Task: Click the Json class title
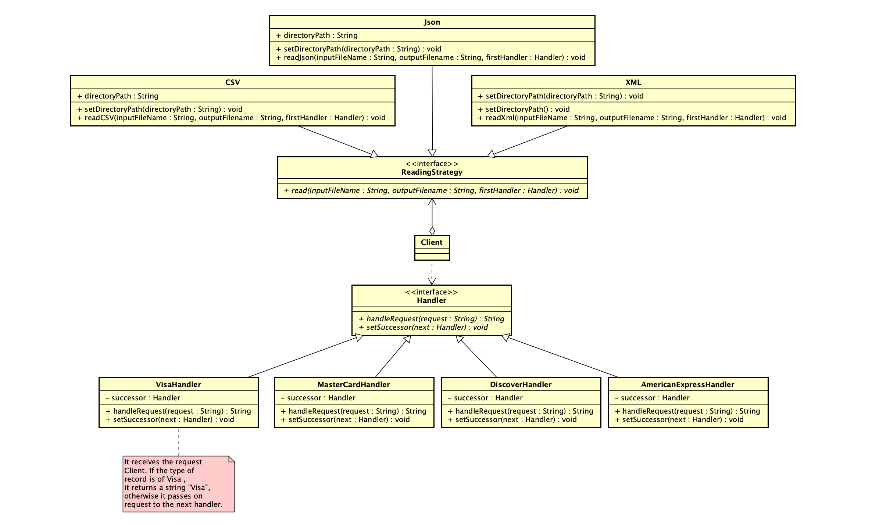point(432,22)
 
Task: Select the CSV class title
point(232,82)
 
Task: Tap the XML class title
point(633,82)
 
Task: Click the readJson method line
point(430,57)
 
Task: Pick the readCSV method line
point(231,118)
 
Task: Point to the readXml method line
point(632,118)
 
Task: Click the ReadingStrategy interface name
point(432,172)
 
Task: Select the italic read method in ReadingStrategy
point(431,190)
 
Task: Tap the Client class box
point(432,247)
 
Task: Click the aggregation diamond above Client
point(432,231)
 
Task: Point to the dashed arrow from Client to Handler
point(432,273)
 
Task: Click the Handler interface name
point(431,300)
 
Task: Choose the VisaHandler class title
point(178,385)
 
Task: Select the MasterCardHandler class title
point(354,385)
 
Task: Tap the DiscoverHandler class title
point(521,385)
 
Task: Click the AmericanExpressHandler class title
point(687,385)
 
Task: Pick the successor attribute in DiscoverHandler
point(485,398)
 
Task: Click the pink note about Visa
point(178,483)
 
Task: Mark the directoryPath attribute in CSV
point(118,96)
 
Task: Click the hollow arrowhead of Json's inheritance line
point(432,153)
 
